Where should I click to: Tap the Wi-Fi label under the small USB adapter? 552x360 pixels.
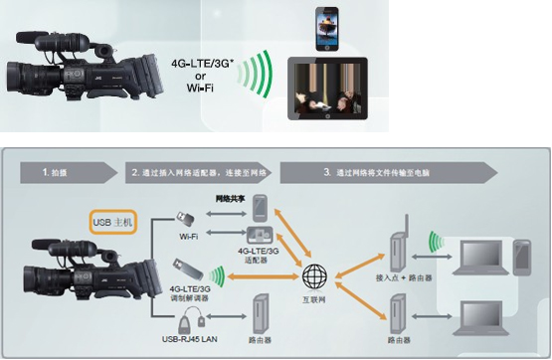(189, 237)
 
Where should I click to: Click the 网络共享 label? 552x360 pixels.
(232, 199)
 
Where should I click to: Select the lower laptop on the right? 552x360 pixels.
(478, 317)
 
